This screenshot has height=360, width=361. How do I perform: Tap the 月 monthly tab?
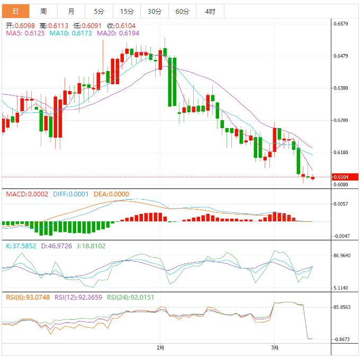71,11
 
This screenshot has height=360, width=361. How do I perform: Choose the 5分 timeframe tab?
99,11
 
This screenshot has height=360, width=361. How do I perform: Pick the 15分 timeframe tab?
127,11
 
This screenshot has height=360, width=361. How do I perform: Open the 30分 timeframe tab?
154,11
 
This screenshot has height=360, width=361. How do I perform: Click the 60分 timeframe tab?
182,11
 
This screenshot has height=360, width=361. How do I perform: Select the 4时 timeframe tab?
210,11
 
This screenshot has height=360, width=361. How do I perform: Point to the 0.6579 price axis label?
341,24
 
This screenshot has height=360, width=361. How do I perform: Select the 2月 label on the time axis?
160,347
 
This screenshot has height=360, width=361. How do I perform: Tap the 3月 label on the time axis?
274,347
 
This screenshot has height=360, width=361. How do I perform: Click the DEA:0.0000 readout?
111,194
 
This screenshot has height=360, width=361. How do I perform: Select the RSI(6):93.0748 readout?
28,298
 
